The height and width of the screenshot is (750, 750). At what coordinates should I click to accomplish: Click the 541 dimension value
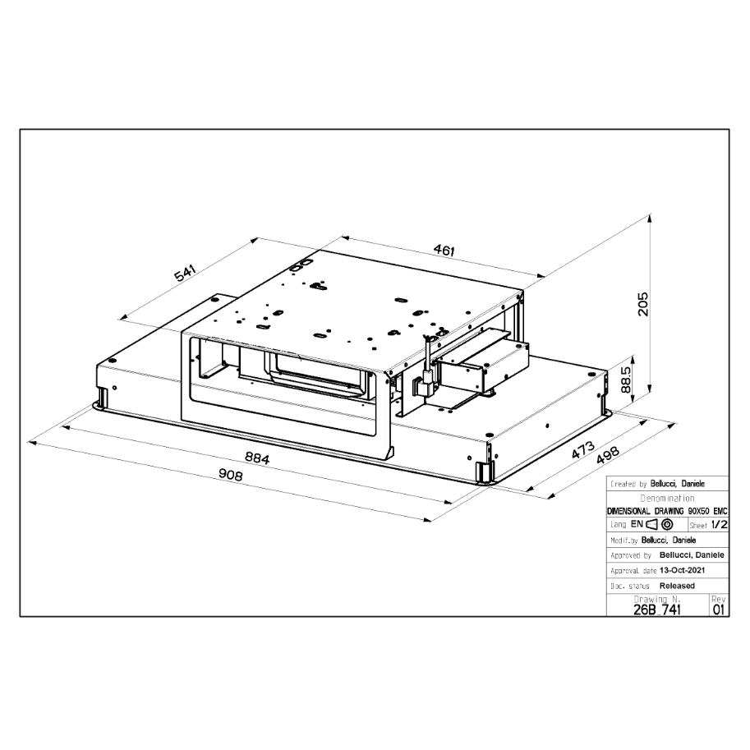(185, 274)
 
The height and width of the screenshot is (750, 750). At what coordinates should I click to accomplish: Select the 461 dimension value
(444, 250)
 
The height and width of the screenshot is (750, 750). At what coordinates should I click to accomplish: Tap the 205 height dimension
(643, 304)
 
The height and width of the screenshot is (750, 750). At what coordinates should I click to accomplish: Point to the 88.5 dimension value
(626, 380)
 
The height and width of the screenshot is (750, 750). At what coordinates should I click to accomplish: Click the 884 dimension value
(257, 458)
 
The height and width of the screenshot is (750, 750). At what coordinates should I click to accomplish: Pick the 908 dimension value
(231, 474)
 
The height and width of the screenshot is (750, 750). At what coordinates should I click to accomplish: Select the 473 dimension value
(583, 449)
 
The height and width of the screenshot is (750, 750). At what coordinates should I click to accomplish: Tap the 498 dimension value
(608, 455)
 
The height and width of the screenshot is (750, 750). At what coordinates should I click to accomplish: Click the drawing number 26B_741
(656, 610)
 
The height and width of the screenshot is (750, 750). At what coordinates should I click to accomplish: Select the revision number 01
(719, 610)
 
